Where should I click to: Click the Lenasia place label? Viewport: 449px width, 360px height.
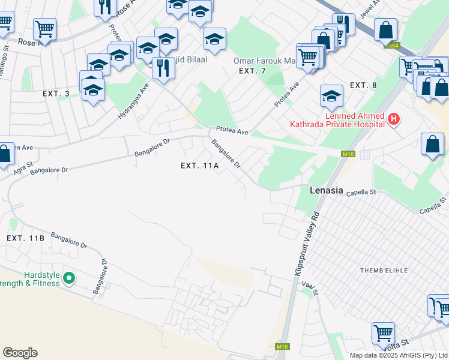coord(326,191)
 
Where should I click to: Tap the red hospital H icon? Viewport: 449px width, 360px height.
coord(394,119)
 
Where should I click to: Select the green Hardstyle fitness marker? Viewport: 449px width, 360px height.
coord(69,277)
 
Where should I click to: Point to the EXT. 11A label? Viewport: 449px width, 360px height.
coord(200,166)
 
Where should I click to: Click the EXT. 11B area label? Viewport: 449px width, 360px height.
coord(25,238)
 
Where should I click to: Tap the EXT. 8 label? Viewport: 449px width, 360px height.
coord(363,85)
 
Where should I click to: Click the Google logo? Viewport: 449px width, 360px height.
coord(20,353)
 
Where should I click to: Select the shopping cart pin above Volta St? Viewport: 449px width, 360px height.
coord(383,332)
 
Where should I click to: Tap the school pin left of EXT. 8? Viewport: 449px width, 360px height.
coord(331,94)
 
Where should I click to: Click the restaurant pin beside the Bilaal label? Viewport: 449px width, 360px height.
coord(162,67)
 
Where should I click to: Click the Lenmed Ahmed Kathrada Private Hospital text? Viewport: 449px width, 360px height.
coord(354,120)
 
